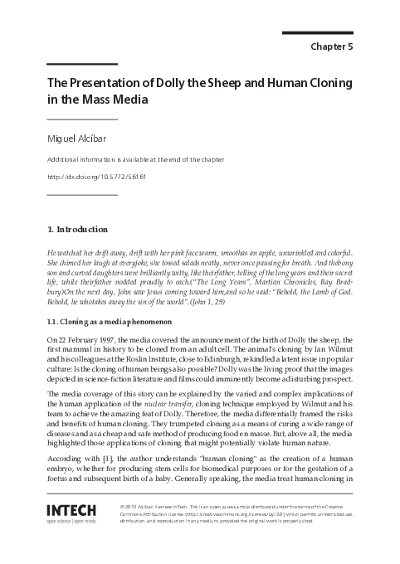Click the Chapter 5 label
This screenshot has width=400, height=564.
coord(331,46)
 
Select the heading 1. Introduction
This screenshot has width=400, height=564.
coord(77,229)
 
